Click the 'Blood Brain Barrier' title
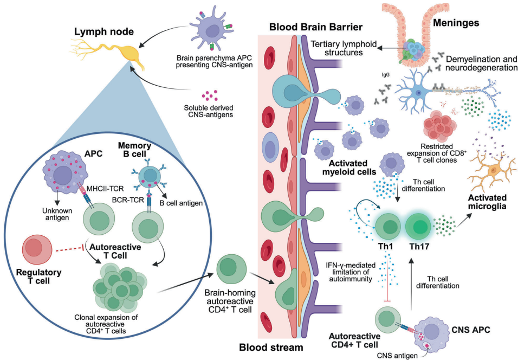click(x=309, y=26)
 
